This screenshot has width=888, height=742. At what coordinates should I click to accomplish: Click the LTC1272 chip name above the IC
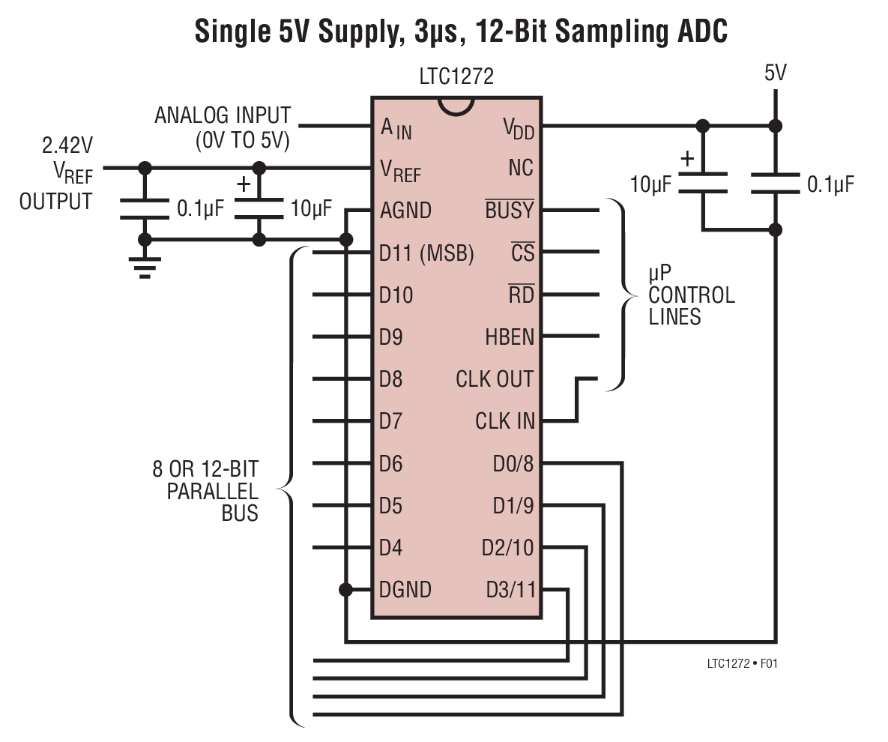pos(456,76)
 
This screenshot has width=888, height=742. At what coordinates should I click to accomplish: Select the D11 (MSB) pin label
pos(426,253)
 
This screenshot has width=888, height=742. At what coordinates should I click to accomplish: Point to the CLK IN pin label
pos(505,421)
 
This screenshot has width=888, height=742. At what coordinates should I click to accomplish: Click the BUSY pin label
pos(510,211)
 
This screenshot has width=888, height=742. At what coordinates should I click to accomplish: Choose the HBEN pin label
pos(510,337)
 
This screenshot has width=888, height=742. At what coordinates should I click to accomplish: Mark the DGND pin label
pos(405,590)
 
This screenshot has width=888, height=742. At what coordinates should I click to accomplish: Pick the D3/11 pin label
pos(511,590)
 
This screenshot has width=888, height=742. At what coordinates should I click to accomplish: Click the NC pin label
pos(521,168)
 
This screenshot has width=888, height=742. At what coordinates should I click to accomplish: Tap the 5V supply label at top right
pos(776,73)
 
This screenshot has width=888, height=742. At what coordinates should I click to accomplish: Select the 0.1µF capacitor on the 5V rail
pos(776,184)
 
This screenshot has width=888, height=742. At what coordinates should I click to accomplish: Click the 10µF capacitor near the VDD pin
pos(703,183)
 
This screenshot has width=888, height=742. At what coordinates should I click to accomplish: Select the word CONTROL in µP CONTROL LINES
pos(692,295)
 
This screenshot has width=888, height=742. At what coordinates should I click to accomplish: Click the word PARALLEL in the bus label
pos(212,492)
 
